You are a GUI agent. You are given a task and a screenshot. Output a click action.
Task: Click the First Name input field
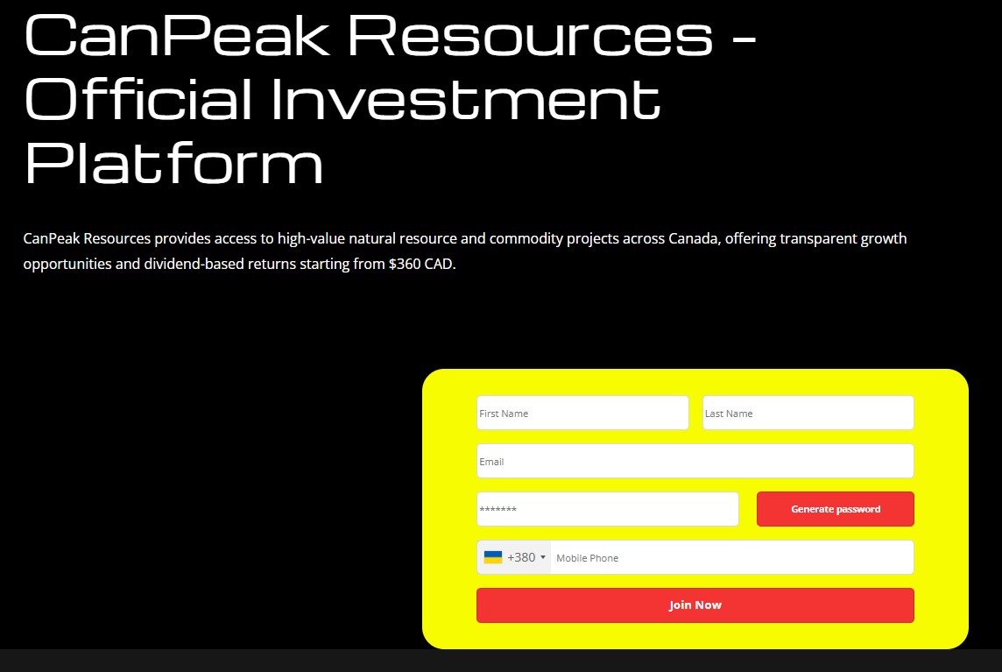(x=582, y=413)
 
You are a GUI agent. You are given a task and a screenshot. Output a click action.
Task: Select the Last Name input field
(x=808, y=413)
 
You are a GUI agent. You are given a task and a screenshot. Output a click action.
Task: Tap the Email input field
(x=695, y=461)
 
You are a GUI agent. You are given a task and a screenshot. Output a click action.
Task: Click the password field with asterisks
(x=607, y=509)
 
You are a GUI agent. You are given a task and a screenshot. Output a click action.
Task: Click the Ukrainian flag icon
(x=493, y=557)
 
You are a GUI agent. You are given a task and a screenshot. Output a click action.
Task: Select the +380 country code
(x=521, y=557)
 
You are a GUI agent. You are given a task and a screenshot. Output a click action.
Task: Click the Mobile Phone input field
(x=731, y=557)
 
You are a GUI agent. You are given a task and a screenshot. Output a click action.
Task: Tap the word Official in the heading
(x=139, y=98)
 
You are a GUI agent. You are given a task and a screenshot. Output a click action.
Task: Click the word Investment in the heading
(x=465, y=98)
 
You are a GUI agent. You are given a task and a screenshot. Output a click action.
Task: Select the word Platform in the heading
(x=173, y=163)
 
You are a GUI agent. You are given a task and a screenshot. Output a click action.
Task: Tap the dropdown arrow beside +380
(x=543, y=558)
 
